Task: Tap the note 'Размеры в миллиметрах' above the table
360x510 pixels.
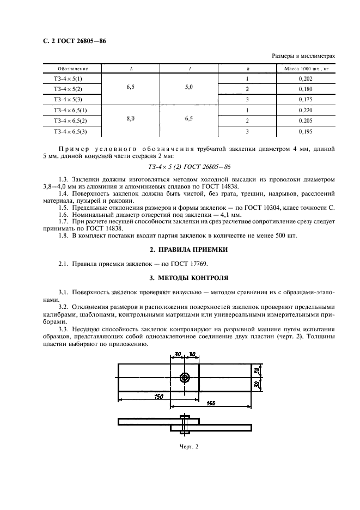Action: (302, 56)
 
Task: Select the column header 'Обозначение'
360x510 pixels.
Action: (72, 69)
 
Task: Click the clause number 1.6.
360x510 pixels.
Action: (64, 215)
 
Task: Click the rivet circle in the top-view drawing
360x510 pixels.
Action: (186, 378)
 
